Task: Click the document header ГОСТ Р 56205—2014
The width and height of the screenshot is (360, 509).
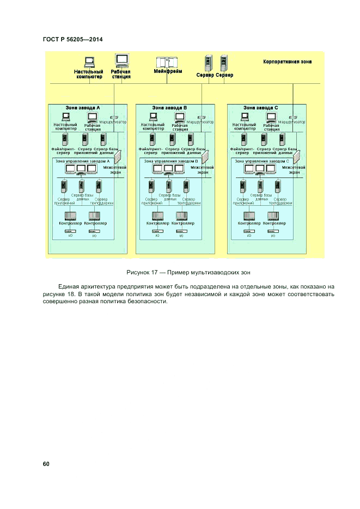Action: pos(72,39)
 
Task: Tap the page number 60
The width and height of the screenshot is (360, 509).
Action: pos(46,464)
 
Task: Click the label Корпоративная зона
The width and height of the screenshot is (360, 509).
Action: pos(287,62)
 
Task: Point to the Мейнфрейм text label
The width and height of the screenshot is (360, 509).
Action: pos(168,72)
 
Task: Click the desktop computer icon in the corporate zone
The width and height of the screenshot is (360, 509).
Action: pos(89,62)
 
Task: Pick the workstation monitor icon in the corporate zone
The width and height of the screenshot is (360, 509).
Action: pos(121,60)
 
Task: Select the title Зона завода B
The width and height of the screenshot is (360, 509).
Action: pos(169,108)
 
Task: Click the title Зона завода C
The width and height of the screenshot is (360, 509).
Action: pos(260,108)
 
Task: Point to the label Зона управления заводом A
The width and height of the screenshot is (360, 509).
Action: pos(82,161)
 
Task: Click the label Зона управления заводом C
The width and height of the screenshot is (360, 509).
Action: pos(262,161)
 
